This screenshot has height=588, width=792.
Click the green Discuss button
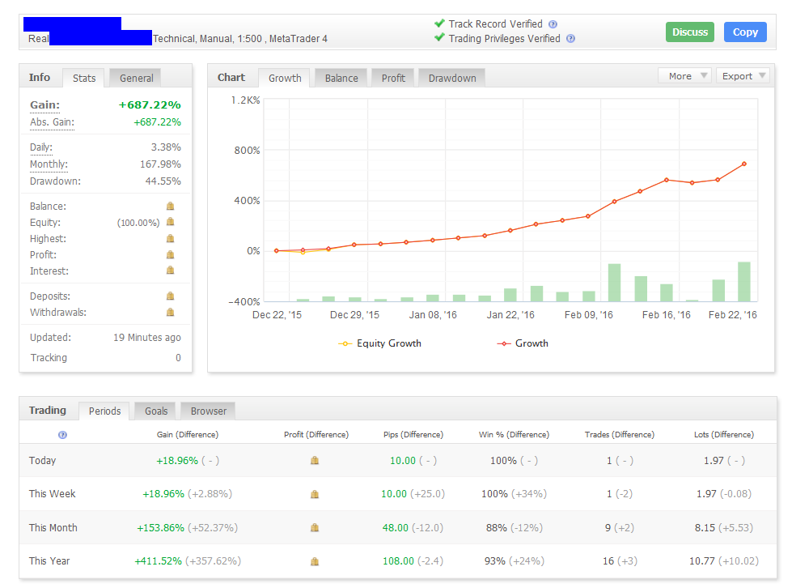pos(690,32)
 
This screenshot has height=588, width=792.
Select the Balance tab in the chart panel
pos(341,78)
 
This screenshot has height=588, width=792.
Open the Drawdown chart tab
pos(452,78)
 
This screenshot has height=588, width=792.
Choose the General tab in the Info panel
pos(137,78)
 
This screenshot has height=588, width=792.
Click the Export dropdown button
pos(742,76)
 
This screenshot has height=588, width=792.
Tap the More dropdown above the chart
pos(684,76)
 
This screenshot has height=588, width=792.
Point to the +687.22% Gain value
pos(150,105)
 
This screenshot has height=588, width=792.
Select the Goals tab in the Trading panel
pos(156,411)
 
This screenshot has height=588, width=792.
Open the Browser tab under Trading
pos(209,411)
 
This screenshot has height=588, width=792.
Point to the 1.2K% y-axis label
pos(246,100)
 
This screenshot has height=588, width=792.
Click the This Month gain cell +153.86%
pos(162,527)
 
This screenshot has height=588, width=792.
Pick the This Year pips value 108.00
pos(399,560)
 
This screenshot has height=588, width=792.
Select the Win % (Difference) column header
pos(514,435)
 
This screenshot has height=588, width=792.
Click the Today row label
pos(43,461)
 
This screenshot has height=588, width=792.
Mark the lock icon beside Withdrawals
pos(170,313)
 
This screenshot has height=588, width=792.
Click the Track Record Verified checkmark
pos(439,24)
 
